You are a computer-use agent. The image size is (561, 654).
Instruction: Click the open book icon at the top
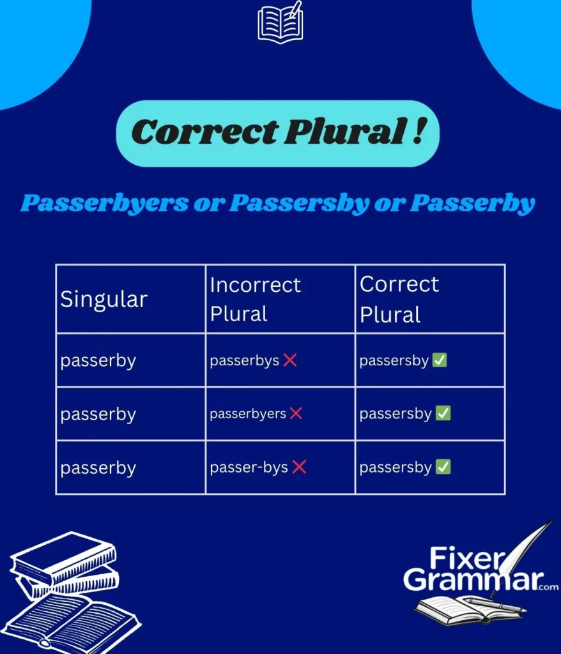click(x=280, y=24)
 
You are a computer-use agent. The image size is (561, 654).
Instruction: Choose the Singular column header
click(x=104, y=299)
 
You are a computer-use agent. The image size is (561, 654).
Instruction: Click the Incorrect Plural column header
click(x=255, y=299)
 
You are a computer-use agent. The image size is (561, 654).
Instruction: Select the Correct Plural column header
click(x=399, y=299)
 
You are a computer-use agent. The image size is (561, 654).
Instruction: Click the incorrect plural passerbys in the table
click(x=244, y=361)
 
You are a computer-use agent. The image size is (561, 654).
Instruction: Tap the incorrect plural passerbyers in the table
click(x=247, y=414)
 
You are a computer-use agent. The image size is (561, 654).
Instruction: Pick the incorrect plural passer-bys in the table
click(x=249, y=468)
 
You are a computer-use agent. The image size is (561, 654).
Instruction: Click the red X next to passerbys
click(x=289, y=360)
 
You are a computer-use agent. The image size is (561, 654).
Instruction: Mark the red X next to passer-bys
click(x=299, y=468)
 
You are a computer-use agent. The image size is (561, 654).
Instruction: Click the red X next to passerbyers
click(x=296, y=414)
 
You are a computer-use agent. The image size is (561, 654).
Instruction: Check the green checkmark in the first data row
click(x=440, y=360)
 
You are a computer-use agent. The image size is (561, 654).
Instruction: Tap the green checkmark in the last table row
click(x=443, y=468)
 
